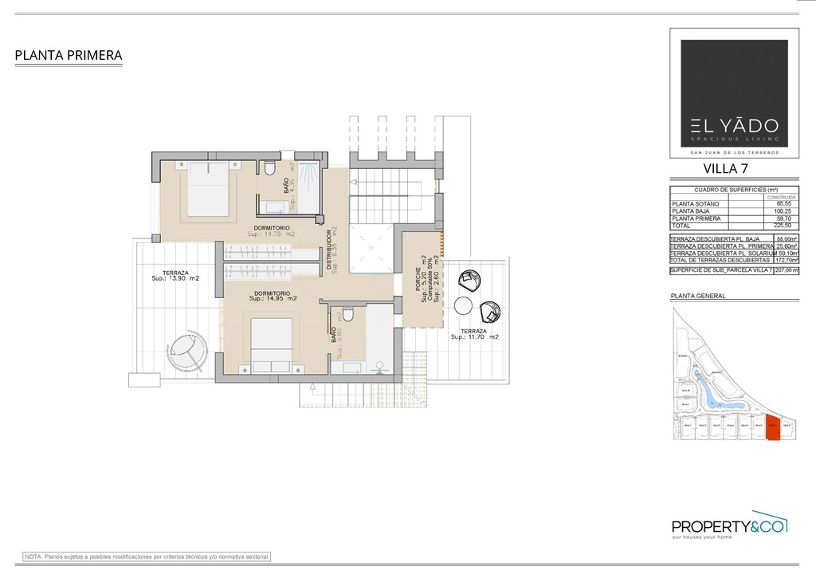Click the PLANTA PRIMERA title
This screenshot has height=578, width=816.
point(69,55)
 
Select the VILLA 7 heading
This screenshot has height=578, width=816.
point(725,168)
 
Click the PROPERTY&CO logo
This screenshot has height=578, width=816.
point(729,526)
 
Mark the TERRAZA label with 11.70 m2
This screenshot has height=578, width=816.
point(474,333)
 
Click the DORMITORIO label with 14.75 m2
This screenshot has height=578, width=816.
point(272,230)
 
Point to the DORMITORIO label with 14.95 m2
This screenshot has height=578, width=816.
point(273,295)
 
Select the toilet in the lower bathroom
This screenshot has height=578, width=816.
point(347,313)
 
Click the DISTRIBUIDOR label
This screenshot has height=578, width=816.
point(328,252)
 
